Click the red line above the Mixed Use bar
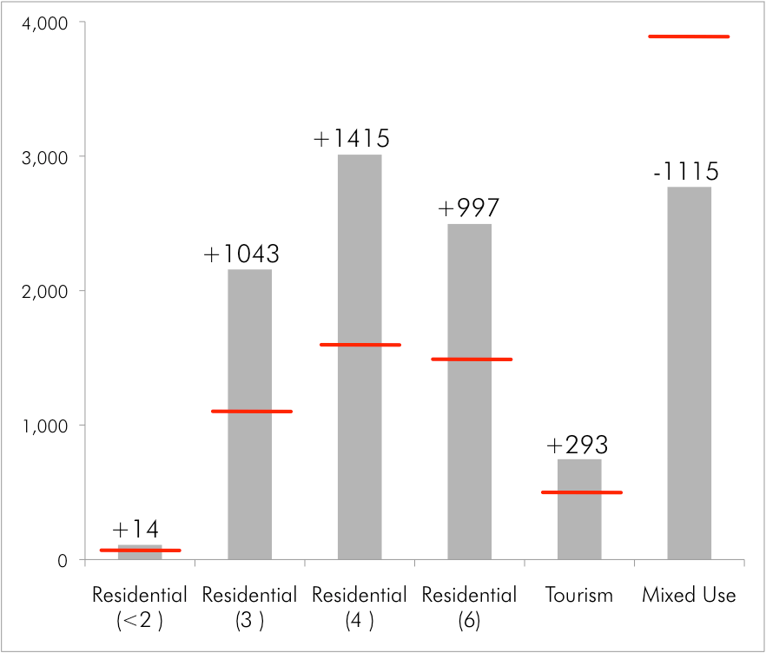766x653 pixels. tap(689, 36)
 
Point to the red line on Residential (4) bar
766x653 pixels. tap(360, 345)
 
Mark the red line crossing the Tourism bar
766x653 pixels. tap(581, 492)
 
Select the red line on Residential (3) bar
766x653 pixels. tap(251, 411)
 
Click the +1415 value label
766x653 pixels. tap(352, 139)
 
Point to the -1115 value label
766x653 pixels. tap(686, 172)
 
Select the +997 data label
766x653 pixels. tap(469, 208)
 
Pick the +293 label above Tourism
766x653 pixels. tap(578, 445)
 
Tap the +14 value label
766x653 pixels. tap(135, 530)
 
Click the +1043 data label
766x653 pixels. tap(241, 254)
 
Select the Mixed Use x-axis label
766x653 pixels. tap(689, 596)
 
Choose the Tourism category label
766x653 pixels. tap(579, 596)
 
